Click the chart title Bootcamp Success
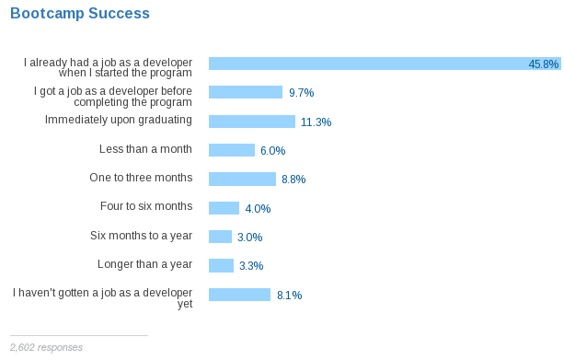coord(80,13)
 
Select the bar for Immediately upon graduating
coord(252,122)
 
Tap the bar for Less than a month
coord(232,150)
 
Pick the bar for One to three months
coord(242,179)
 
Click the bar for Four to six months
coord(224,208)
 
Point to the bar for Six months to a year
coord(220,237)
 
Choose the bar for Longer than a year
coord(221,266)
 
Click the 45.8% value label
coord(544,64)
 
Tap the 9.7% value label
coord(302,93)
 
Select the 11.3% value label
coord(316,122)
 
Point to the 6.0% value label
coord(272,151)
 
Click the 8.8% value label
coord(294,180)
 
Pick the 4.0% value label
coord(258,209)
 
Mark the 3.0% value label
coord(249,238)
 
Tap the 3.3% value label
coord(251,266)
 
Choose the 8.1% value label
coord(289,296)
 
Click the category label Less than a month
coord(145,149)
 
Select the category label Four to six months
coord(146,206)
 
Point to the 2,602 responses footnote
coord(46,347)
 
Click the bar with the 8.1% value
coord(239,295)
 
